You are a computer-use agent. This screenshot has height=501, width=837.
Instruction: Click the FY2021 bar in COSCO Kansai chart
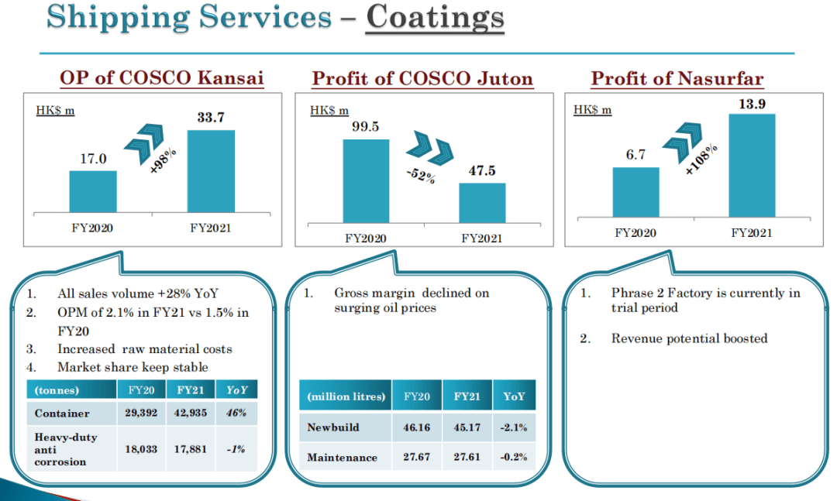click(x=211, y=171)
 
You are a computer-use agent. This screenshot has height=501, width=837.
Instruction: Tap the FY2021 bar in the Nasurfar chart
click(x=753, y=166)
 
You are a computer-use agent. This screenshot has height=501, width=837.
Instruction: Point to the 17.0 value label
click(x=93, y=159)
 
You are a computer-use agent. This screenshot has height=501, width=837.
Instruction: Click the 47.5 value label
click(x=481, y=171)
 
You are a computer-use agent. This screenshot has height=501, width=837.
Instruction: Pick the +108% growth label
click(x=701, y=159)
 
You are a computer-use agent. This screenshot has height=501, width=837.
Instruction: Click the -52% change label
click(x=421, y=175)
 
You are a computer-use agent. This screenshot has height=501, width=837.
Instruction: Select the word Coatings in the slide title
click(x=435, y=17)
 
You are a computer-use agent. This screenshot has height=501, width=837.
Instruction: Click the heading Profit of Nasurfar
click(x=677, y=78)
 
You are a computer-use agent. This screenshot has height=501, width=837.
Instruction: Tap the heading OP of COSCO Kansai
click(x=161, y=78)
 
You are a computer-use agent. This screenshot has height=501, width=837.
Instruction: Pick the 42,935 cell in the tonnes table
click(x=191, y=413)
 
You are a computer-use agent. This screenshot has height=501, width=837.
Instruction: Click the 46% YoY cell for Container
click(x=236, y=413)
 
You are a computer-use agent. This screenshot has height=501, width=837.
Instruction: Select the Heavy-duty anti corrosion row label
click(x=67, y=449)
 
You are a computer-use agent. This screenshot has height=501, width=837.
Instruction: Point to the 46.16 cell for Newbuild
click(x=416, y=427)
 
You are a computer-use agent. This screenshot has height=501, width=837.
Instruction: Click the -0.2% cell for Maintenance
click(x=514, y=457)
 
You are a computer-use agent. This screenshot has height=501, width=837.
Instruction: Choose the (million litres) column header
click(x=346, y=396)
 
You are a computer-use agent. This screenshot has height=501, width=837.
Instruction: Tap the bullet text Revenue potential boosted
click(x=689, y=338)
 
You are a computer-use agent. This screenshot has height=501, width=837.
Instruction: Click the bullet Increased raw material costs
click(x=145, y=349)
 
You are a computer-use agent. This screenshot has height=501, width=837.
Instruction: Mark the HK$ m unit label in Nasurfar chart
click(x=592, y=110)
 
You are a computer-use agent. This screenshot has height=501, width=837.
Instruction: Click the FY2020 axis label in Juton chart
click(x=365, y=238)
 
